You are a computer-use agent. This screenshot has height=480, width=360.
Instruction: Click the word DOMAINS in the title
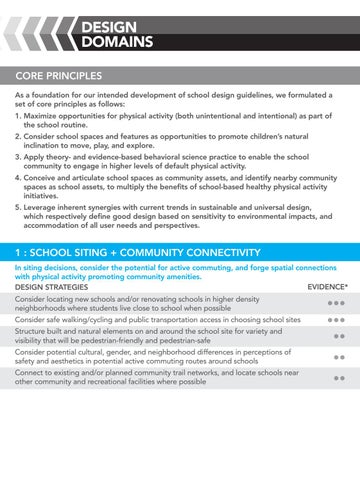117,42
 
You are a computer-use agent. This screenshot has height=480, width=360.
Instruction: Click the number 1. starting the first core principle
19,116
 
